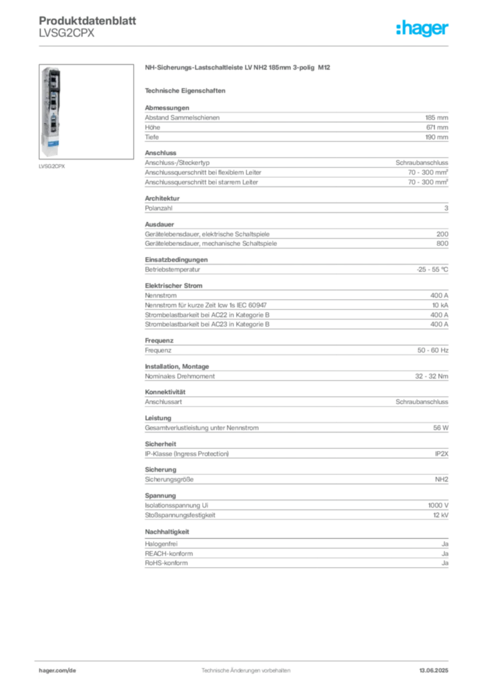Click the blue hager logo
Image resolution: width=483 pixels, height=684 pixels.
422,29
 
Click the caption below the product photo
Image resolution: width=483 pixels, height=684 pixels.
53,166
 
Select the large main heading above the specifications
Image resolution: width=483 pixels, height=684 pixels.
237,68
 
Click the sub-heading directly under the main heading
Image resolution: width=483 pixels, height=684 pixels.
187,90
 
